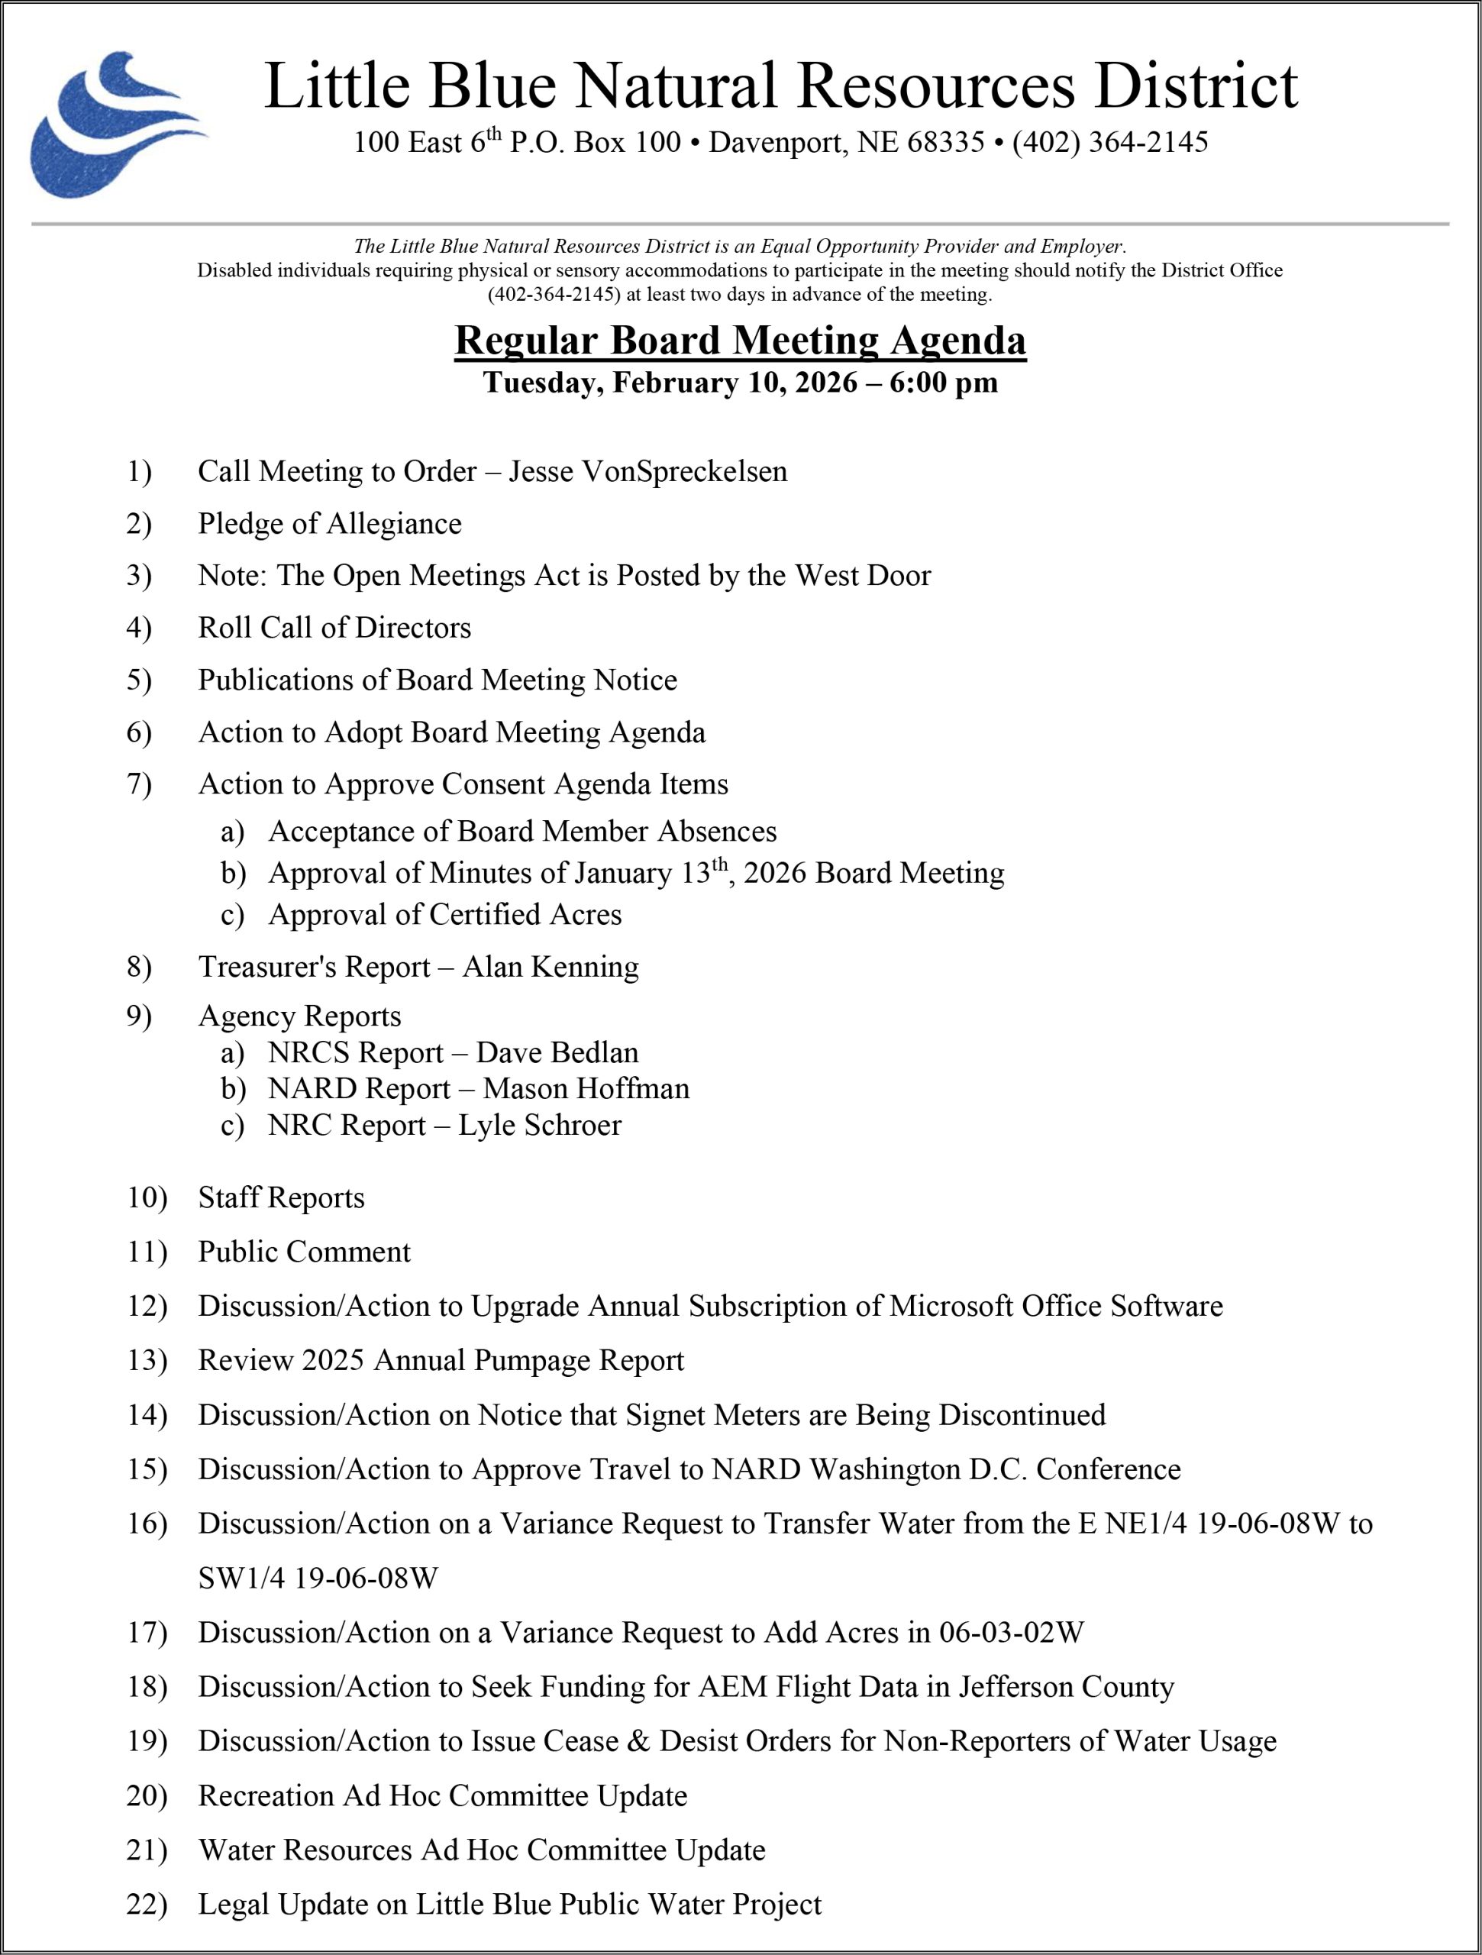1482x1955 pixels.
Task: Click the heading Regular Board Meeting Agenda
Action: [x=740, y=341]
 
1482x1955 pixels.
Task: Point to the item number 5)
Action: [x=139, y=680]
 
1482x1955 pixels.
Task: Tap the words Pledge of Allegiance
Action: [x=329, y=523]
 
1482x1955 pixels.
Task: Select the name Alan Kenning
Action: [x=550, y=966]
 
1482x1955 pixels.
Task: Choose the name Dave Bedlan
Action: [x=557, y=1052]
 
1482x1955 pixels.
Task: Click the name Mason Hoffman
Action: [x=586, y=1088]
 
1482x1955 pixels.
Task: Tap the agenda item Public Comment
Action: [x=304, y=1252]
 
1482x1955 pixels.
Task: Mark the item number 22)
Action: [x=146, y=1904]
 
